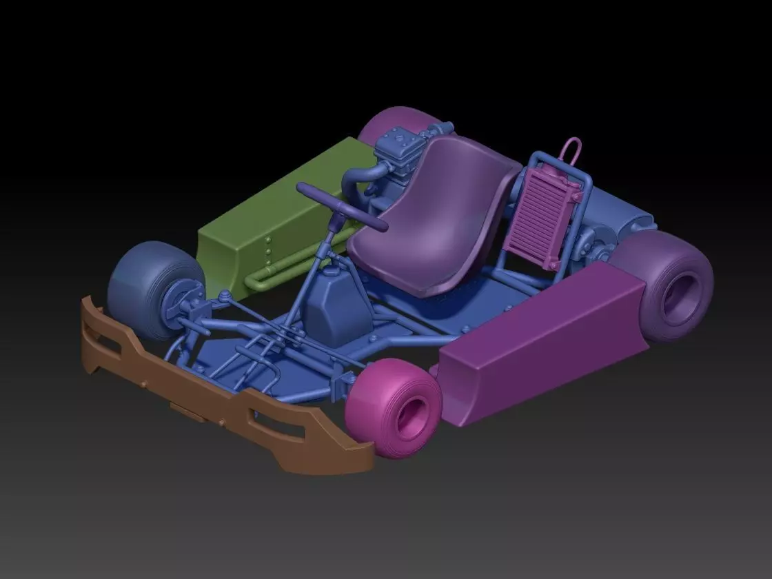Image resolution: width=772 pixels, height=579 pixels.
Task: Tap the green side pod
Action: point(276,207)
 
